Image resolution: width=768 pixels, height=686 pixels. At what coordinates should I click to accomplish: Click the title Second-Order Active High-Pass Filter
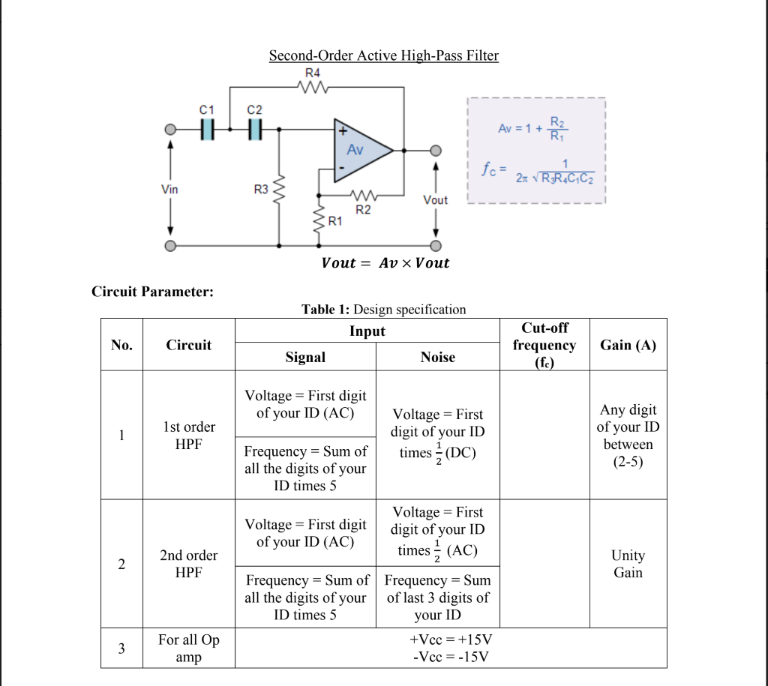point(383,55)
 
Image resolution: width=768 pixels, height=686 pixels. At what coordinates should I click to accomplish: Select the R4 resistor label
point(313,73)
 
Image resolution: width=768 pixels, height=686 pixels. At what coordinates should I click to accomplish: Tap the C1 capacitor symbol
point(208,129)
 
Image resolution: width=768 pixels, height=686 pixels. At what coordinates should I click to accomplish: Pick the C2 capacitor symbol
point(256,129)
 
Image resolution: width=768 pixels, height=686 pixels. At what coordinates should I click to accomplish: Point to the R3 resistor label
point(261,190)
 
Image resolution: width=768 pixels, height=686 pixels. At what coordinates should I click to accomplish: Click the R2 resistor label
point(362,210)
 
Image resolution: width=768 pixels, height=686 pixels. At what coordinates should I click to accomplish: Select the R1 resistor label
point(334,221)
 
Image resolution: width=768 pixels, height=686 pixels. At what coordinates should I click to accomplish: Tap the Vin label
point(170,189)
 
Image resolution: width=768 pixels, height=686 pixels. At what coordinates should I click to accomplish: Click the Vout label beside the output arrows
point(435,200)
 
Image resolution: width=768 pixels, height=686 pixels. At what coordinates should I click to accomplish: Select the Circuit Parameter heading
point(152,292)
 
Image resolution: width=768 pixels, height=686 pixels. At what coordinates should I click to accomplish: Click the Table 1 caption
point(383,310)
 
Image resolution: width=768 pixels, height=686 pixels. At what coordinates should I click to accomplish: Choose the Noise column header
point(437,358)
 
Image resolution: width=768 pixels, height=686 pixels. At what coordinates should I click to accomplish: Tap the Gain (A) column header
point(628,345)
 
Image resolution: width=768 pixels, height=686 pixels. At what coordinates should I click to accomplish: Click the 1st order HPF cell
point(189,435)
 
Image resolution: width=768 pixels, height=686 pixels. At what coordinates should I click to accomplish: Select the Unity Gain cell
point(628,564)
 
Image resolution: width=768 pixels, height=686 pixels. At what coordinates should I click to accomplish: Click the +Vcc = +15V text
point(450,640)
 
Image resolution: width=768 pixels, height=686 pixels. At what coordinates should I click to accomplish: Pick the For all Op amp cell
point(189,649)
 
